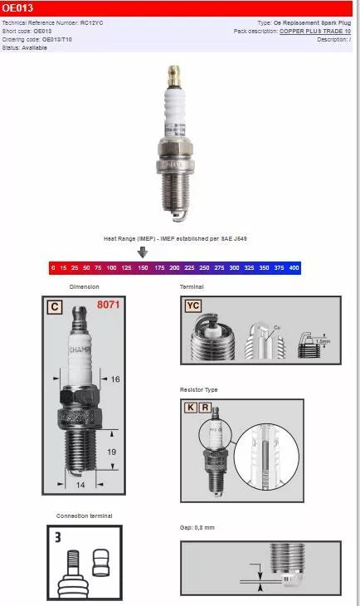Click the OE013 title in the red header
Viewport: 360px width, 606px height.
(x=17, y=7)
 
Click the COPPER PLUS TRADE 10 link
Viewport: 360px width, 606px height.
(x=314, y=31)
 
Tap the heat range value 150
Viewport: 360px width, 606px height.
(x=143, y=268)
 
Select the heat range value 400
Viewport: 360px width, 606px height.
(x=294, y=268)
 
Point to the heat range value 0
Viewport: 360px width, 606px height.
(x=53, y=268)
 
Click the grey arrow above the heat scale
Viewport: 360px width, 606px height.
(x=143, y=252)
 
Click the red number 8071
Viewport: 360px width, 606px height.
(x=109, y=305)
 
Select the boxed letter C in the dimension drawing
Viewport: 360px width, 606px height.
(x=54, y=307)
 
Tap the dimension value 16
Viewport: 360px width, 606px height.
(x=114, y=379)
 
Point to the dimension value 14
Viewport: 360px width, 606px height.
(x=80, y=484)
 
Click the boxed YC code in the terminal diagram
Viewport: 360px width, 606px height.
(x=192, y=305)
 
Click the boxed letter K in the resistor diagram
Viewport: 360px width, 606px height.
(x=190, y=408)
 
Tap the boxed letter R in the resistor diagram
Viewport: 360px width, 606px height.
(x=204, y=408)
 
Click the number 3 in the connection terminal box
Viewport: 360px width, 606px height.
(x=58, y=537)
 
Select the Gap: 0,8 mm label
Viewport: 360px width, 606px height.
(x=197, y=528)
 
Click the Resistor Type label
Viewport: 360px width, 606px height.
(x=199, y=389)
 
